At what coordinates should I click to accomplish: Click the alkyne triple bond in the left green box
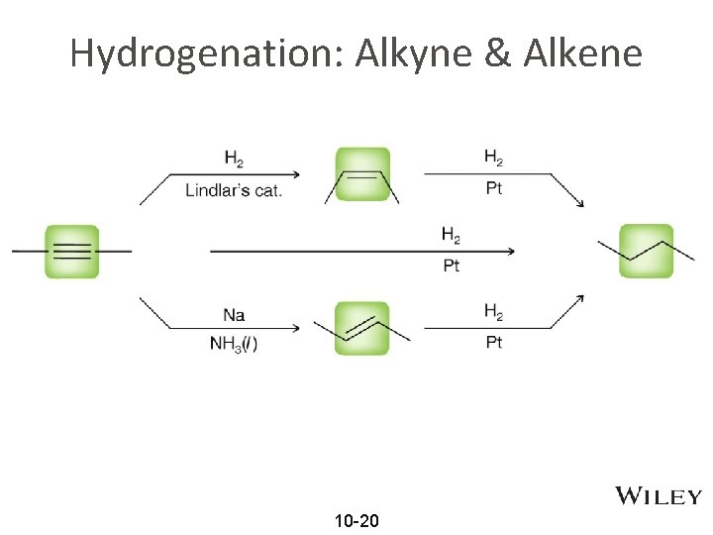click(x=71, y=252)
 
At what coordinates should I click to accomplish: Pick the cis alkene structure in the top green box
click(x=362, y=175)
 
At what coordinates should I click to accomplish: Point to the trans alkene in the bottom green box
click(x=362, y=328)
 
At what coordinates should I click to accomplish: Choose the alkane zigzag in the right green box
click(x=647, y=251)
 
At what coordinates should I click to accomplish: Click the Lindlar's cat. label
click(x=234, y=189)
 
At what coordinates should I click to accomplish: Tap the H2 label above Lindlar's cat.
click(x=235, y=158)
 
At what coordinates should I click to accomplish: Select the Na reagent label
click(x=234, y=315)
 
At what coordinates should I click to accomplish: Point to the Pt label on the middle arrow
click(x=451, y=266)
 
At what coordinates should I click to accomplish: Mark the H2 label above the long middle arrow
click(x=451, y=235)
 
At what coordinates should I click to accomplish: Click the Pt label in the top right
click(x=494, y=188)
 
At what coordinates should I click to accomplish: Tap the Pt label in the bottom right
click(x=494, y=342)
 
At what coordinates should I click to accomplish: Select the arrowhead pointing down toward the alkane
click(x=579, y=203)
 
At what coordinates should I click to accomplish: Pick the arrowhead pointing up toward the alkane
click(x=579, y=297)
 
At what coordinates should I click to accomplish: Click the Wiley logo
click(x=659, y=496)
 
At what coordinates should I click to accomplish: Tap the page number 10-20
click(x=356, y=520)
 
